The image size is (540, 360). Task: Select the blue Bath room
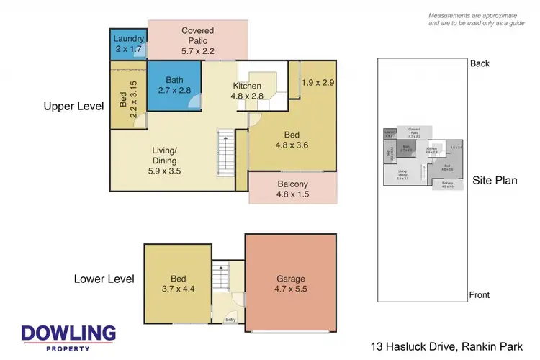(173, 85)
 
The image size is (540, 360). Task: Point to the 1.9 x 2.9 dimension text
(318, 83)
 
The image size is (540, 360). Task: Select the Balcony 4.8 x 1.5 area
(292, 189)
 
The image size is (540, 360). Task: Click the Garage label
(292, 279)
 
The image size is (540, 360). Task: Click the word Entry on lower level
(230, 320)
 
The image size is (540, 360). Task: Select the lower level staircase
(222, 276)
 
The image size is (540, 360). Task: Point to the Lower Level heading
(104, 279)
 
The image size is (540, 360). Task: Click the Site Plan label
(495, 180)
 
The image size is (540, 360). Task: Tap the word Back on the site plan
(480, 63)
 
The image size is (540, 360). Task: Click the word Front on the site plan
(480, 295)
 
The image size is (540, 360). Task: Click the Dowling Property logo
(68, 337)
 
